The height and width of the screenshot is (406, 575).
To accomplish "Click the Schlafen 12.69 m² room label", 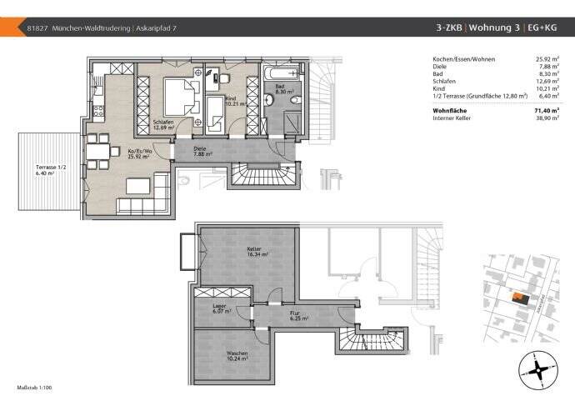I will [165, 126].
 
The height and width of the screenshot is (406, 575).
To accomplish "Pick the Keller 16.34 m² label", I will [256, 252].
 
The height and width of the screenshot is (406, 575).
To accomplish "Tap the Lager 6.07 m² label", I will [220, 308].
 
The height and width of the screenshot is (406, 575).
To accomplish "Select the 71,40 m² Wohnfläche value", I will [547, 110].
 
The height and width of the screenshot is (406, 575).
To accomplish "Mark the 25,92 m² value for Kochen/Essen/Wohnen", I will [547, 60].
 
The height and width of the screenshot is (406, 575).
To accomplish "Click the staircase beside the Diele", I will [262, 175].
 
